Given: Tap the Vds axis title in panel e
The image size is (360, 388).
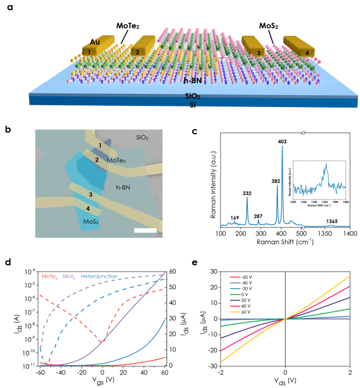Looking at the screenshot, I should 285,377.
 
